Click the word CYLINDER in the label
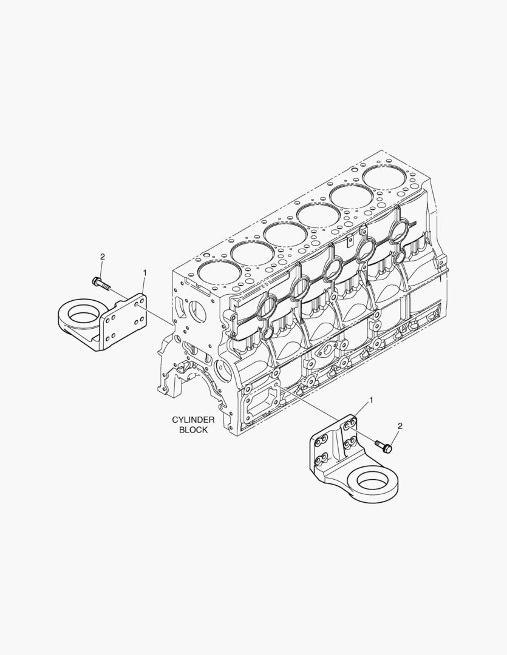[193, 420]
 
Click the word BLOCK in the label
[193, 430]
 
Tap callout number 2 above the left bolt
[102, 257]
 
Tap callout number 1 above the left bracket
[145, 273]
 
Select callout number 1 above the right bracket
[370, 401]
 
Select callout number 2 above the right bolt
[400, 426]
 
